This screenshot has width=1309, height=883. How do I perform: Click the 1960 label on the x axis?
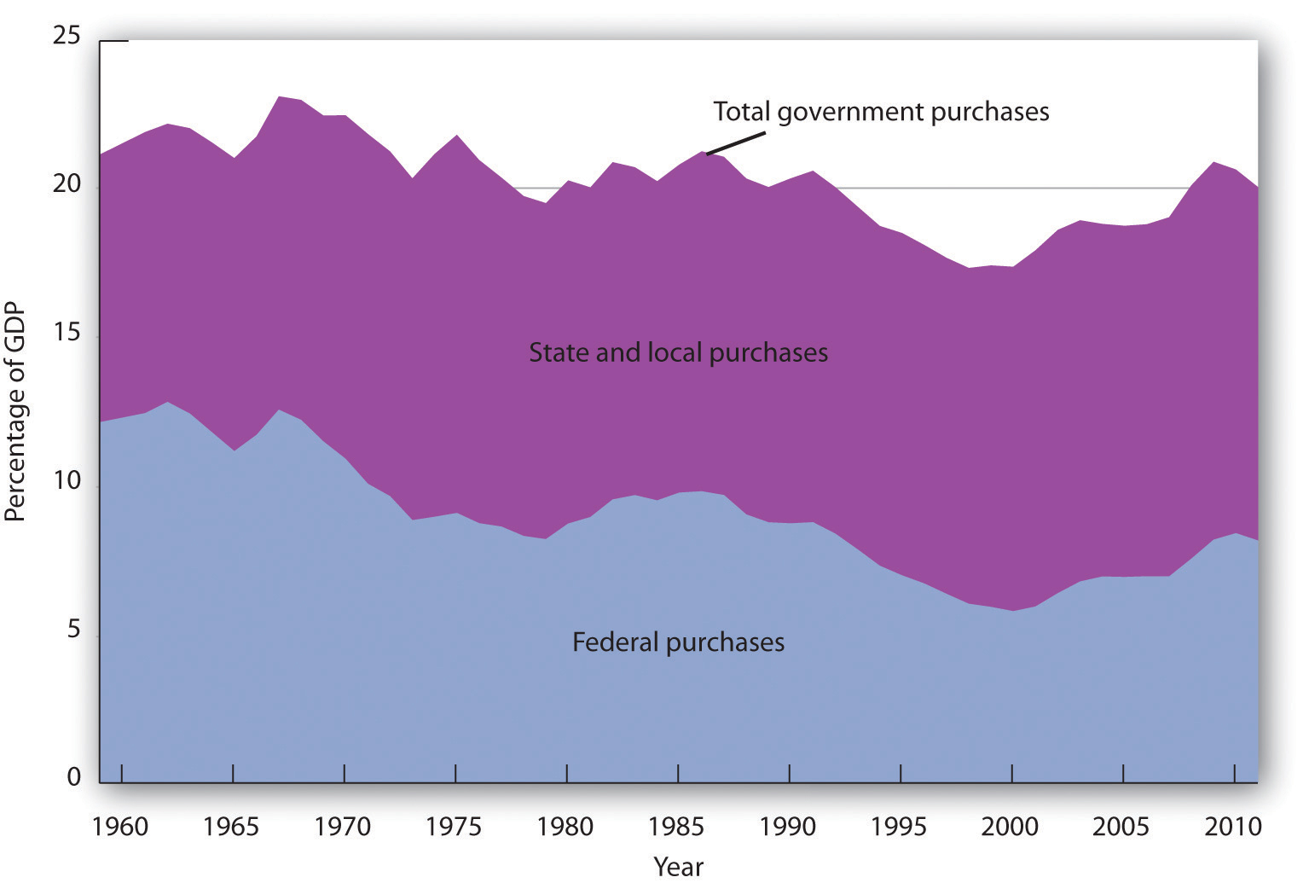pyautogui.click(x=121, y=827)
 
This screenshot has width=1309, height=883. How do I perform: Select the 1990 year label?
pyautogui.click(x=789, y=827)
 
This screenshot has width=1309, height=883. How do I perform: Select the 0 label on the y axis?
pyautogui.click(x=73, y=777)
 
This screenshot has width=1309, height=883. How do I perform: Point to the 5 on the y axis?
pyautogui.click(x=73, y=630)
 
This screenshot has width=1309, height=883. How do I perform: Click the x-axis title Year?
pyautogui.click(x=678, y=867)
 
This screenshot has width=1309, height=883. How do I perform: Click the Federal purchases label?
pyautogui.click(x=678, y=642)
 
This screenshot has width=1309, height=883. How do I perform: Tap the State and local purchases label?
pyautogui.click(x=678, y=352)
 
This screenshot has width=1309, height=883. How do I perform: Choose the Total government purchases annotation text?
pyautogui.click(x=881, y=112)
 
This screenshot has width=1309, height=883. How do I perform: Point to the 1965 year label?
pyautogui.click(x=233, y=827)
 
